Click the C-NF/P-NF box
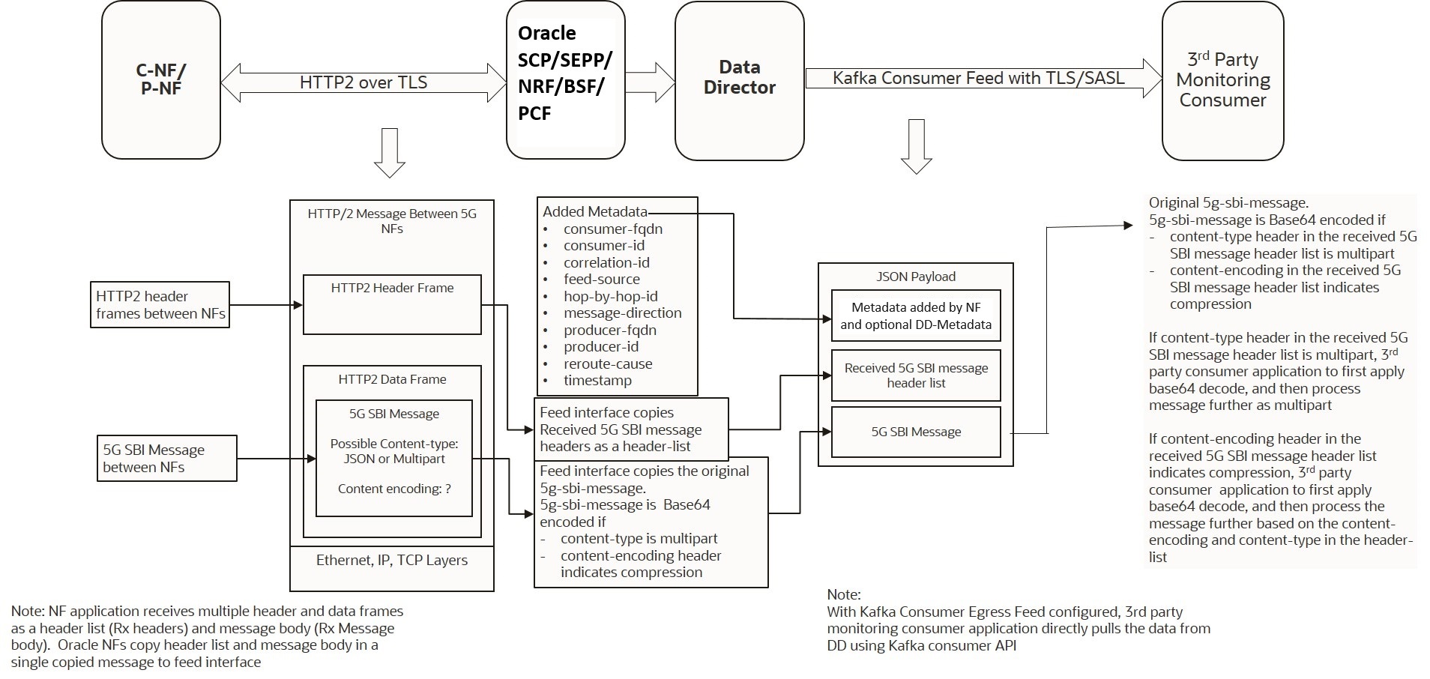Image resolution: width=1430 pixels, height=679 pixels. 161,79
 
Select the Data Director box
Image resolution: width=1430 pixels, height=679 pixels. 739,79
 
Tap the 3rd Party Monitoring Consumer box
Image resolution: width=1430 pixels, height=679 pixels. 1222,79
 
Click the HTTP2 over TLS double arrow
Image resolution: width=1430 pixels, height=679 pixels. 363,82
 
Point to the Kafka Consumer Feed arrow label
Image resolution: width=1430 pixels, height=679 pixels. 978,78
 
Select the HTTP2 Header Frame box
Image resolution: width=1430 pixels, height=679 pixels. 392,304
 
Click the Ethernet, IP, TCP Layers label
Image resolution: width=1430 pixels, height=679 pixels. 391,561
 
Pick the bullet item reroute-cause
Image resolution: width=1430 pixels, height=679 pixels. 608,364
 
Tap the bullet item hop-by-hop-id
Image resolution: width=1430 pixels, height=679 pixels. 610,297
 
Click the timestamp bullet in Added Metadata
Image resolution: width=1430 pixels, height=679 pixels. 597,381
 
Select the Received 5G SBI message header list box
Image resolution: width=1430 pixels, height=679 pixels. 916,375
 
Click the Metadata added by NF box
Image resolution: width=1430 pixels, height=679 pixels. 916,316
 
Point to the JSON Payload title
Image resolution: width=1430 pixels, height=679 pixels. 916,277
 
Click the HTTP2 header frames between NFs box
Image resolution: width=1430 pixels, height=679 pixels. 160,305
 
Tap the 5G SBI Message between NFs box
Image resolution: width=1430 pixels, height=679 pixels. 167,459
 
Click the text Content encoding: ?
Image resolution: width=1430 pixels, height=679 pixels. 394,489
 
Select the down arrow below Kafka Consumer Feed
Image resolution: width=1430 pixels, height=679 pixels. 916,146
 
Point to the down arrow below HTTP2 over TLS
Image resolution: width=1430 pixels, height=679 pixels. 389,154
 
